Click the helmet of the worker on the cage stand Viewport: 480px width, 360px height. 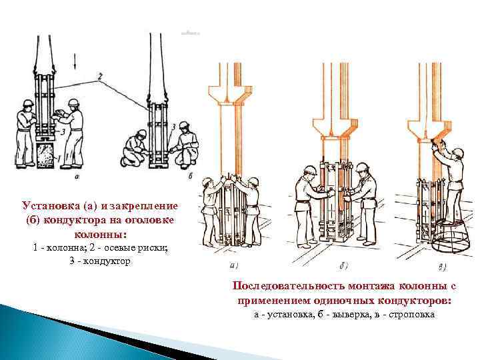[458, 153]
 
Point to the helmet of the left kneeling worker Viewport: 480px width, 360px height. [141, 133]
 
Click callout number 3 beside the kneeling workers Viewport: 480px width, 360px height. [173, 125]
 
